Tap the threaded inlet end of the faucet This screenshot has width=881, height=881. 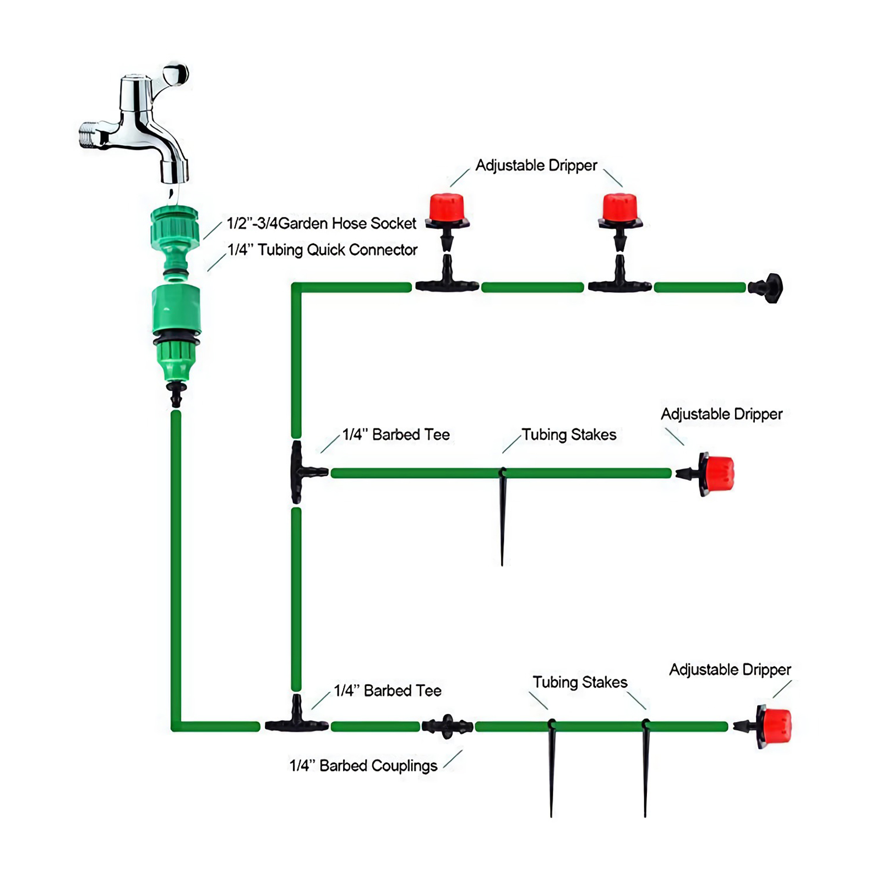89,135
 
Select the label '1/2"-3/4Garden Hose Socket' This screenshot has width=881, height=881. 322,224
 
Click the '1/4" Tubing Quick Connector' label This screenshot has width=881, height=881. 323,250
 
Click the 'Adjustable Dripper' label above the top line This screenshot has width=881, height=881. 536,166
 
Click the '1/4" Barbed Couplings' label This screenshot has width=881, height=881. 363,766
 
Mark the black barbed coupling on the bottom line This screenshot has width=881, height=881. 447,727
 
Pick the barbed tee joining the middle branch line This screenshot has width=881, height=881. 301,472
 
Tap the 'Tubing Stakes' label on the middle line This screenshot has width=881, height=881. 569,435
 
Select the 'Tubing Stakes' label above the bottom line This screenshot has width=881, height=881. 580,683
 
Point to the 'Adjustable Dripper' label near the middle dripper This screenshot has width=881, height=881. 721,414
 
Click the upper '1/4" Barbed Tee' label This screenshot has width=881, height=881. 396,435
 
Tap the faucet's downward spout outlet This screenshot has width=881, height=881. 174,171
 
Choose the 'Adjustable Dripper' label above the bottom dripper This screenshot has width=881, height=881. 730,670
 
